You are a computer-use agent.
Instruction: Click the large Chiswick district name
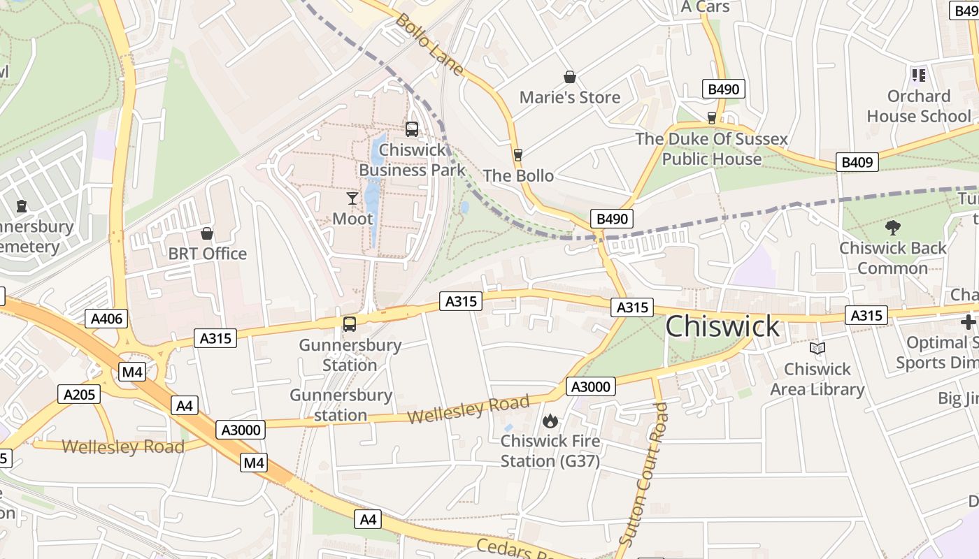point(722,326)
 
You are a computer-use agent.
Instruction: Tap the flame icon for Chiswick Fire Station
point(550,421)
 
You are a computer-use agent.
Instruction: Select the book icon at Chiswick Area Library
point(817,348)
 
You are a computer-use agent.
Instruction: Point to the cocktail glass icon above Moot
point(352,198)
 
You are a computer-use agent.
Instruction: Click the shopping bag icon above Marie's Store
point(570,77)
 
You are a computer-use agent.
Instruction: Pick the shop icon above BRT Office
point(207,233)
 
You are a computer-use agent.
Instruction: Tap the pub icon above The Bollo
point(518,155)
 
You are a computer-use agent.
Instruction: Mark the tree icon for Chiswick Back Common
point(892,227)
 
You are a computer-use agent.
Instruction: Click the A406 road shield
point(107,319)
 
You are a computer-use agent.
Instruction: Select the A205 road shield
point(78,394)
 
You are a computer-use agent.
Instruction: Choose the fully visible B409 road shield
point(857,162)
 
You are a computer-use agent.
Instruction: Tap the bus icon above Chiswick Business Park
point(412,129)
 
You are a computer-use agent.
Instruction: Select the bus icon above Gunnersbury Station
point(350,324)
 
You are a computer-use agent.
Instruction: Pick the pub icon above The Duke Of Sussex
point(712,117)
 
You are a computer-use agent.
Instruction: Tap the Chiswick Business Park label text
point(412,160)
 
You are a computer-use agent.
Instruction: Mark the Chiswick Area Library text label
point(817,379)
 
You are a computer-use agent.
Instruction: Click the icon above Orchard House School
point(919,75)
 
